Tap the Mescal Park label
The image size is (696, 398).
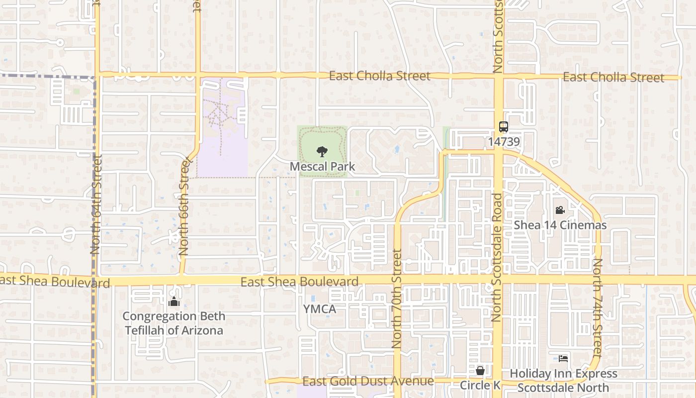tap(322, 166)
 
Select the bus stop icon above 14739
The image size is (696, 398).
tap(504, 127)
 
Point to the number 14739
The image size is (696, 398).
tap(504, 142)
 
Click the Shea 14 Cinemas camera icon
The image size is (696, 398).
tap(560, 210)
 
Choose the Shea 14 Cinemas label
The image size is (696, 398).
tap(560, 225)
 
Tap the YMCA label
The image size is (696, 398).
tap(320, 309)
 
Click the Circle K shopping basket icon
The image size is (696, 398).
tap(480, 371)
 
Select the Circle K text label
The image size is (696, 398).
tap(480, 385)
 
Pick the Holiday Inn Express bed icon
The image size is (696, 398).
tap(563, 358)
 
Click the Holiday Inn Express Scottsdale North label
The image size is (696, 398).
tap(563, 381)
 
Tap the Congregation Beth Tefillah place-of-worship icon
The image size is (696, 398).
tap(174, 301)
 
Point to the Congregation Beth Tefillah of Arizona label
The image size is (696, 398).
tap(174, 323)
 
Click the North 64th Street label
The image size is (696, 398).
tap(96, 204)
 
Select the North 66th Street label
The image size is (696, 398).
tap(184, 206)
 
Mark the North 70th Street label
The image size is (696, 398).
tap(397, 298)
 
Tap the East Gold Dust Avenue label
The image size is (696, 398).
tap(368, 382)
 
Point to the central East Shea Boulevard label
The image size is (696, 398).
tap(299, 282)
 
